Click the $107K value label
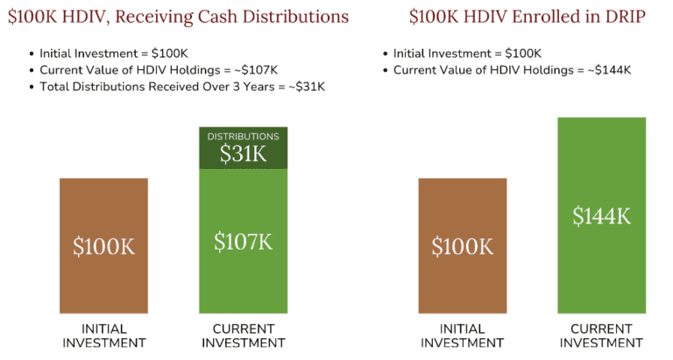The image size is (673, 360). click(x=243, y=242)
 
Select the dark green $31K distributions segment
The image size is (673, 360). click(x=243, y=149)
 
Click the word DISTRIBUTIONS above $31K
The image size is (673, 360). click(x=243, y=137)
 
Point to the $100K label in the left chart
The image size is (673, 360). click(x=103, y=247)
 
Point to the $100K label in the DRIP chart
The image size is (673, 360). click(x=462, y=247)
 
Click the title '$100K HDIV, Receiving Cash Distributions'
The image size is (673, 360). click(x=178, y=17)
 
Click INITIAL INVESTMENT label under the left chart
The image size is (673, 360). click(x=103, y=335)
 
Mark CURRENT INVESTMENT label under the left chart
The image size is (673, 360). click(x=243, y=335)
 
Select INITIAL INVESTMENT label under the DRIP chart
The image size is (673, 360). click(x=462, y=335)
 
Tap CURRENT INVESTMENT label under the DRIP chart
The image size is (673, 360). click(x=601, y=335)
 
